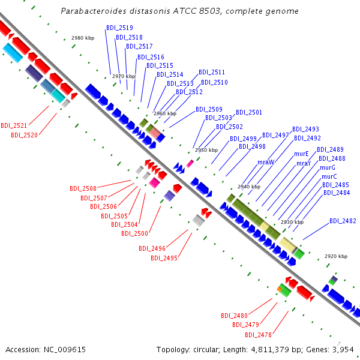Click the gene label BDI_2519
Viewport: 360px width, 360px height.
119,28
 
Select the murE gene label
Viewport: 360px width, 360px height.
301,154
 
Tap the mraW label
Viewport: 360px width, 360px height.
266,163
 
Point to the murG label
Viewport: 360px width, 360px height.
328,167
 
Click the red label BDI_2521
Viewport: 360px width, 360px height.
14,125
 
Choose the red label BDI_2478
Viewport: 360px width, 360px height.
258,335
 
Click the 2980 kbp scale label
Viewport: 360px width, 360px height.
83,38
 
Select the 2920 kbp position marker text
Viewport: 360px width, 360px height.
336,256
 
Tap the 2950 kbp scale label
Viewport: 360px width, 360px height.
206,150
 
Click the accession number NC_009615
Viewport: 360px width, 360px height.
65,350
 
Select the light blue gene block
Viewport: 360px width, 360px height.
13,53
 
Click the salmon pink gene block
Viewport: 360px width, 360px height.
155,133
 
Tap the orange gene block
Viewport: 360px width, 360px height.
279,289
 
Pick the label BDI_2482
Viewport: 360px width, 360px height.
343,221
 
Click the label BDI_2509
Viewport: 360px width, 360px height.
209,109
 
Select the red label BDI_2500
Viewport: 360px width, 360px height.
134,234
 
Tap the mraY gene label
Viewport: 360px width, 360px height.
304,164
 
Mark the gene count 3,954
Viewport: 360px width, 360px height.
343,350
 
